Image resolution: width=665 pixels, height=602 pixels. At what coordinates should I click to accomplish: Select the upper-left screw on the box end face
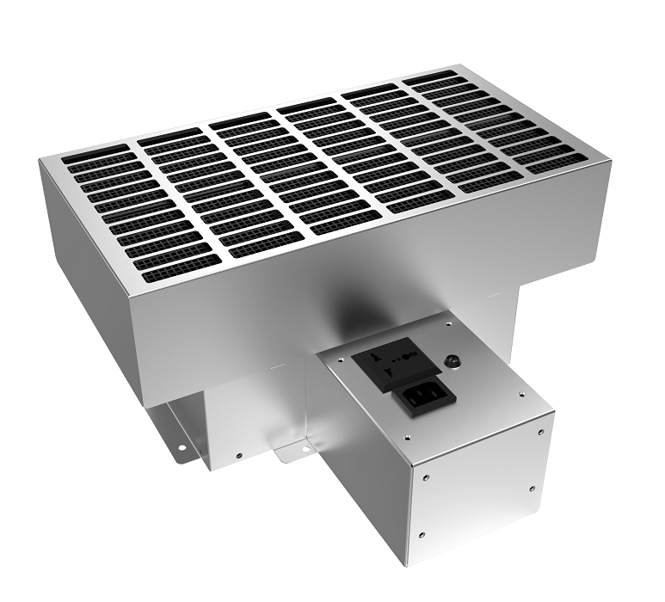pos(426,475)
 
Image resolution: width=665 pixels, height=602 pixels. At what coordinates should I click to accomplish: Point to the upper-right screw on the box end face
pos(539,430)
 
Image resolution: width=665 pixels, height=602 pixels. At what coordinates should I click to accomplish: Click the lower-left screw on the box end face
pos(422,534)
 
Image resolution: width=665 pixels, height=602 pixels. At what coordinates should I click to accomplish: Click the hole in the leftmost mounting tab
pos(182,447)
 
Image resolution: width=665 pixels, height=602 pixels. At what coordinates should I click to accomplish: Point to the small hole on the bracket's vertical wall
pos(239,454)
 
